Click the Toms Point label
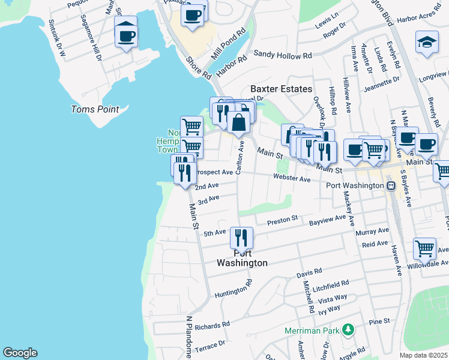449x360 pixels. tap(95, 109)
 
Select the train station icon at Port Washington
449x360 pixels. tap(391, 185)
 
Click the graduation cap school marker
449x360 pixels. tap(427, 42)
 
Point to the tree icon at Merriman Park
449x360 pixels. tap(347, 329)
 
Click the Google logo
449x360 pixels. tap(20, 353)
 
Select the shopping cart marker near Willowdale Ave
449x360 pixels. tap(424, 248)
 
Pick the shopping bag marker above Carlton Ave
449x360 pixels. tap(239, 122)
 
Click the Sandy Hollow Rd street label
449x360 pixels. tap(283, 55)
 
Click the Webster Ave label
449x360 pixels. tap(292, 179)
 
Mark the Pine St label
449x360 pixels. tap(379, 322)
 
